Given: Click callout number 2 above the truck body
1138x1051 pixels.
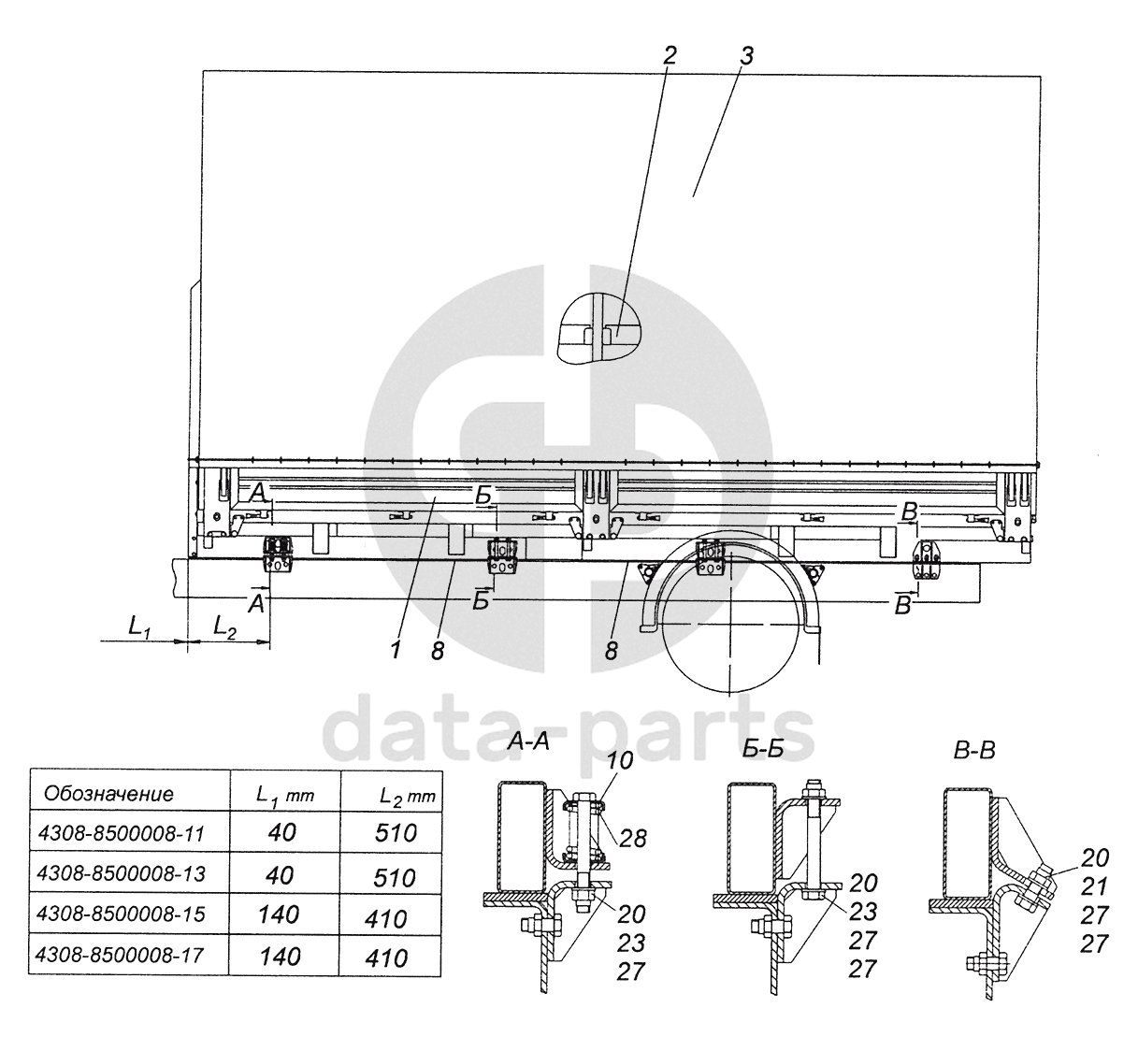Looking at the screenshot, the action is [670, 55].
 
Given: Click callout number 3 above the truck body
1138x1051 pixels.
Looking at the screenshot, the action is [746, 55].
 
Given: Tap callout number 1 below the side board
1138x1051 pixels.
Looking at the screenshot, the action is [396, 650].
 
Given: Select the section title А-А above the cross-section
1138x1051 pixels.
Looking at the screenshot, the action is [528, 742].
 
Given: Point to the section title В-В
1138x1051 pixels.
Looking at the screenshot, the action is [974, 750].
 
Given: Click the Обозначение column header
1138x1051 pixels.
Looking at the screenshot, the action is [108, 794].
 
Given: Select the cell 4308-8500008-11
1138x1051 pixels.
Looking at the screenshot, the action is [122, 833].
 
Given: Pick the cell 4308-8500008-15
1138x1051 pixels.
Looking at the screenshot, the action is [121, 914].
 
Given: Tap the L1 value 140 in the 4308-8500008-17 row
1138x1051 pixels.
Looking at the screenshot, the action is [280, 957].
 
